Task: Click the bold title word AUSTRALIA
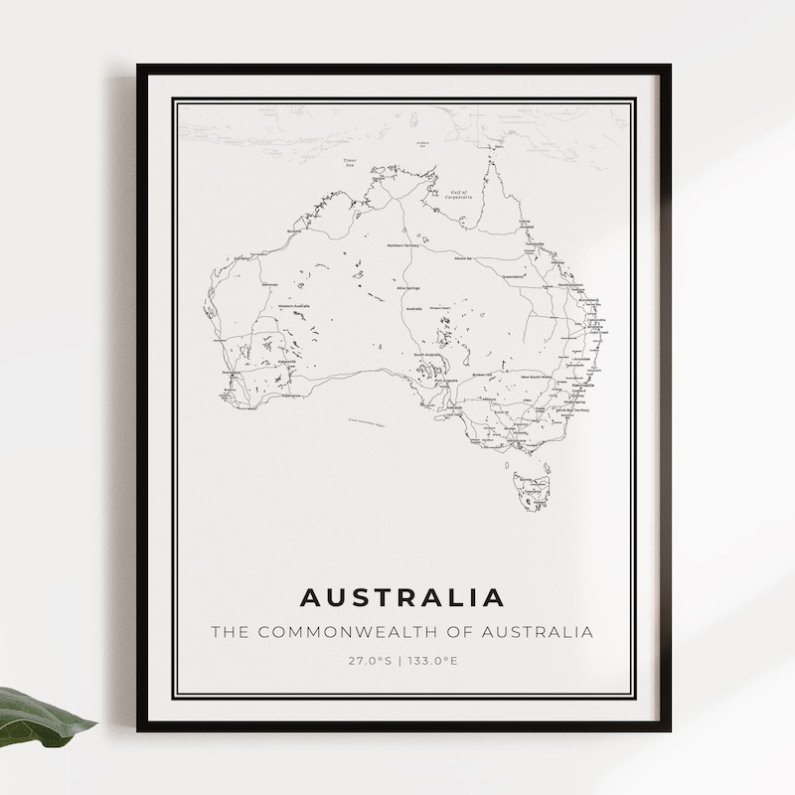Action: [x=401, y=597]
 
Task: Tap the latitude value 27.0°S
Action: [x=370, y=660]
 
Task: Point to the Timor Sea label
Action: [x=349, y=163]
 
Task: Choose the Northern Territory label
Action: [x=404, y=243]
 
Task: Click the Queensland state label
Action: [x=514, y=276]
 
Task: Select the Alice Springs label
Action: [x=406, y=288]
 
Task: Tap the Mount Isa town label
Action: [x=462, y=257]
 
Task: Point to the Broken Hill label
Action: [x=482, y=375]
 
